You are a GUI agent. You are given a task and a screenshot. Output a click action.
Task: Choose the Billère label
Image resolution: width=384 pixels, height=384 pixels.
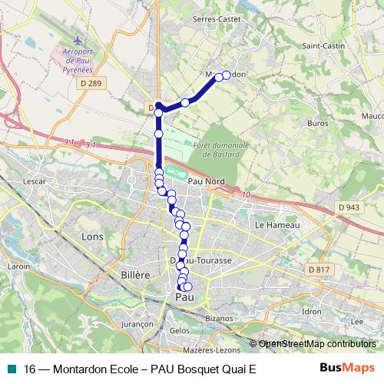click(135, 273)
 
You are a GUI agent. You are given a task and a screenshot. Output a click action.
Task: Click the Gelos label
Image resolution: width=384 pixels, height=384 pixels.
click(179, 329)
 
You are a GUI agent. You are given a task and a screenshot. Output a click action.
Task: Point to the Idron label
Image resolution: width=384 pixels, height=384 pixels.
click(312, 311)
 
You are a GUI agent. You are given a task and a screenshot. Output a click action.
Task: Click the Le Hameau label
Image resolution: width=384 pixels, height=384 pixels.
click(270, 225)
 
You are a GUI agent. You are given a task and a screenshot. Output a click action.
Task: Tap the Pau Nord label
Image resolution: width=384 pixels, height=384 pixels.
click(206, 180)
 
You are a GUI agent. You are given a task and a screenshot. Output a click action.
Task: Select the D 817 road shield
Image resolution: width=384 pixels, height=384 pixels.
click(317, 270)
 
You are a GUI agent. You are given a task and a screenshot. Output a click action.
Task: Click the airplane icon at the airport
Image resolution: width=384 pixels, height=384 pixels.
click(76, 40)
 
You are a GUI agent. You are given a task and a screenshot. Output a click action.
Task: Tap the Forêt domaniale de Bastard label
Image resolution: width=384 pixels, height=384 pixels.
click(222, 148)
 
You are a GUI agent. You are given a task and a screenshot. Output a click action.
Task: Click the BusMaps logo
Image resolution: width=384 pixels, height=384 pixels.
click(347, 368)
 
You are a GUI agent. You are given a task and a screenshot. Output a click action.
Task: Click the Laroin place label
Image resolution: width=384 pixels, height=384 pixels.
click(18, 266)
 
